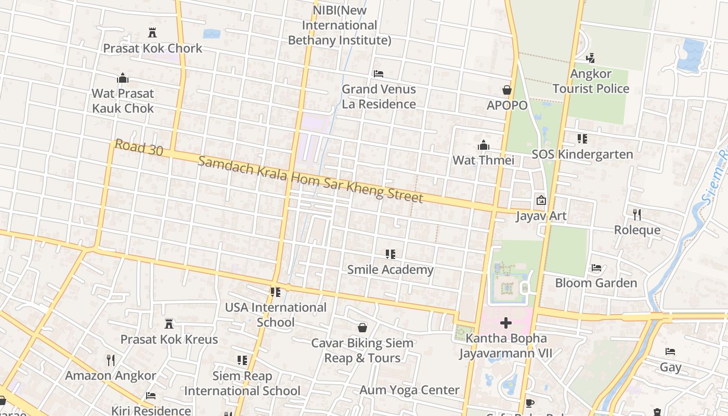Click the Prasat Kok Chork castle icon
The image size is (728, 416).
pos(152,33)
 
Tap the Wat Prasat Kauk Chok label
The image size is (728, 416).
pos(123,101)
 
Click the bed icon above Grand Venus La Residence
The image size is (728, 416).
pos(379,74)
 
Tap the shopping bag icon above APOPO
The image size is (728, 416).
pos(506,90)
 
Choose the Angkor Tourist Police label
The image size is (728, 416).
pos(591,81)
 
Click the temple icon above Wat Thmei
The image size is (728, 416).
pos(484,145)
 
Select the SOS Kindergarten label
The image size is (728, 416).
pos(582,154)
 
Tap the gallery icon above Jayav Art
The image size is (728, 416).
pos(541,200)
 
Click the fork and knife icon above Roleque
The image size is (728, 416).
pos(637,214)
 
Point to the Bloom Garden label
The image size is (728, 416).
pos(596,283)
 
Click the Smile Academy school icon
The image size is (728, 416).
pos(390,254)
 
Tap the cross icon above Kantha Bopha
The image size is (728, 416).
pos(505,323)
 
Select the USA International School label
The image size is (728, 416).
pos(276,315)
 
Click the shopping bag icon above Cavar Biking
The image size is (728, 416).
pos(362,328)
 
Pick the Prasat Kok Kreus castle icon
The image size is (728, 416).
pos(169,324)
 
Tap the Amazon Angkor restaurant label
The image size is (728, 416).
pos(110,375)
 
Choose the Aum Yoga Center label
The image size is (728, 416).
pos(410,390)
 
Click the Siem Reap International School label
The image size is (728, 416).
pos(242,383)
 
